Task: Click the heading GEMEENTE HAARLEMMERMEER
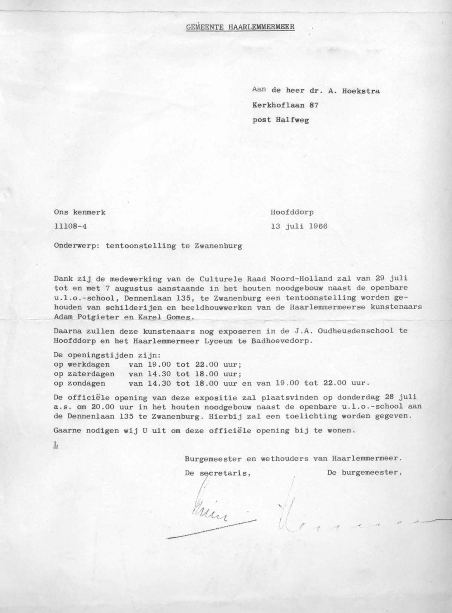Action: (x=240, y=27)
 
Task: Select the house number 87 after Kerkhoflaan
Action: (x=313, y=105)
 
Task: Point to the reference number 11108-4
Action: (x=72, y=227)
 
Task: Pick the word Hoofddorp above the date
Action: (x=292, y=212)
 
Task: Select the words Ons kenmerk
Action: (x=80, y=212)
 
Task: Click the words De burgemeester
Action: (x=362, y=473)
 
